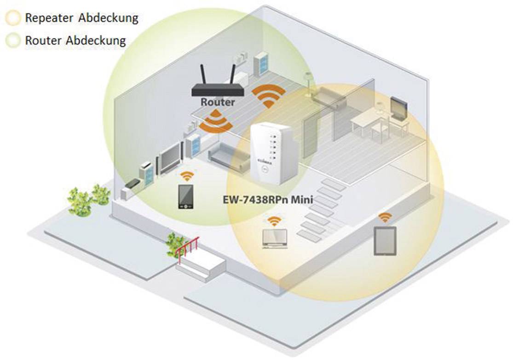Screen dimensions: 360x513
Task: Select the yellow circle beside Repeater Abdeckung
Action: [x=13, y=18]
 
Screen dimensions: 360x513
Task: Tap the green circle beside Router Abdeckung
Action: [x=13, y=41]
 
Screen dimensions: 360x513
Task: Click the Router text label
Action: [x=218, y=102]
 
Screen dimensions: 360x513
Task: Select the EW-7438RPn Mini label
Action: [x=267, y=200]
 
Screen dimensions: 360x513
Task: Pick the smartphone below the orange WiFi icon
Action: [x=186, y=197]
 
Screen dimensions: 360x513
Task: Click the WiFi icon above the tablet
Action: [x=385, y=217]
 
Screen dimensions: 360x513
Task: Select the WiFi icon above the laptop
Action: [x=274, y=220]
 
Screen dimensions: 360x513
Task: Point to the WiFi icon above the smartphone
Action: [x=186, y=176]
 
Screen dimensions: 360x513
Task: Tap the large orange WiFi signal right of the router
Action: [x=268, y=95]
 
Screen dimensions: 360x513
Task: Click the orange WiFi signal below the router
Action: [x=214, y=121]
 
